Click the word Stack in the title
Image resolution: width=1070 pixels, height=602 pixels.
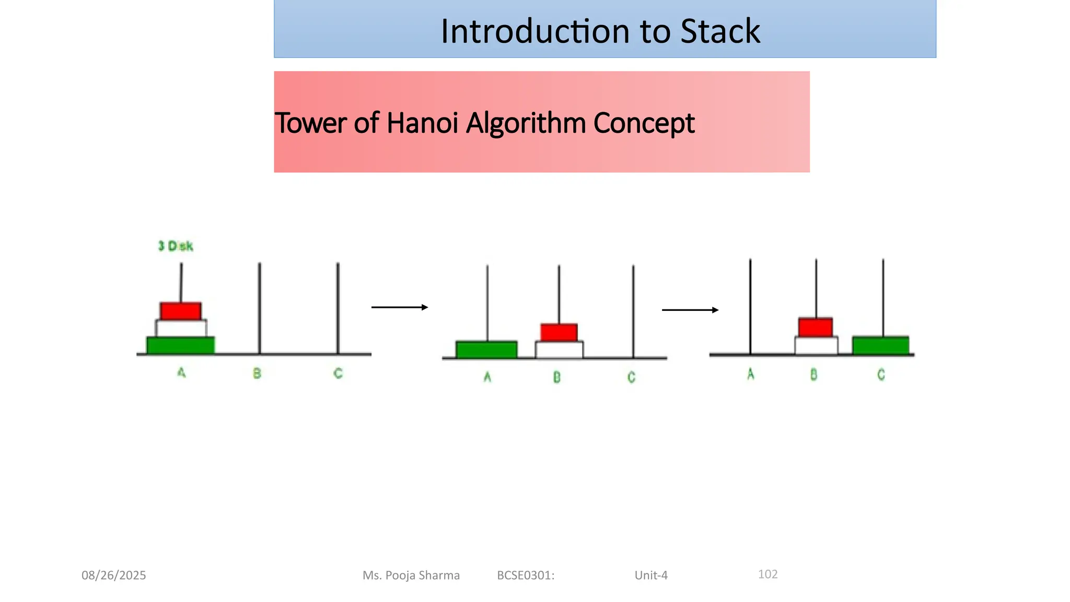pyautogui.click(x=720, y=31)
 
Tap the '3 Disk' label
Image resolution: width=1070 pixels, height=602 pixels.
pyautogui.click(x=176, y=246)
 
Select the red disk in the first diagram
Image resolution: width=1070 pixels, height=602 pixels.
pyautogui.click(x=181, y=311)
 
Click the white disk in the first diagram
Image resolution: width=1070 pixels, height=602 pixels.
pyautogui.click(x=181, y=328)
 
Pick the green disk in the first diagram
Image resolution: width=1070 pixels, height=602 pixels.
pyautogui.click(x=181, y=345)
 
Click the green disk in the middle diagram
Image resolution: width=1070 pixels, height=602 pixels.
pyautogui.click(x=486, y=350)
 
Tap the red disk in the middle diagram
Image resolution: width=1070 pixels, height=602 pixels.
pyautogui.click(x=559, y=332)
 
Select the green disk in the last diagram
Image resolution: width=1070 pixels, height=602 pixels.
pyautogui.click(x=881, y=345)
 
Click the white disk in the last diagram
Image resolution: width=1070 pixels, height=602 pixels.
pyautogui.click(x=816, y=345)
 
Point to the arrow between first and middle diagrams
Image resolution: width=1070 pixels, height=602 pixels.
pyautogui.click(x=400, y=307)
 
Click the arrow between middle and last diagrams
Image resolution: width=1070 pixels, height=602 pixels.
pyautogui.click(x=690, y=310)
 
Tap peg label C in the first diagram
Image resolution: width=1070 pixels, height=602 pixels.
pyautogui.click(x=338, y=374)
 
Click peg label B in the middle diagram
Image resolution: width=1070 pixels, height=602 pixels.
pyautogui.click(x=557, y=377)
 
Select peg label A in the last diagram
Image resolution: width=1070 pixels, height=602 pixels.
pyautogui.click(x=751, y=374)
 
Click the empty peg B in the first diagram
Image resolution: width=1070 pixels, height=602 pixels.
pyautogui.click(x=260, y=308)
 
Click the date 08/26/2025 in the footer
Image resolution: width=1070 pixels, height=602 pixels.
pyautogui.click(x=114, y=575)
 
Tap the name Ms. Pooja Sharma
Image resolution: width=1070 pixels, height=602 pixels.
pyautogui.click(x=411, y=575)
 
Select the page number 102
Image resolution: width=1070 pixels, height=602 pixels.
pyautogui.click(x=767, y=574)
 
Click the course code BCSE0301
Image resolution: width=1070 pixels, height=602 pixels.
pyautogui.click(x=525, y=575)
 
